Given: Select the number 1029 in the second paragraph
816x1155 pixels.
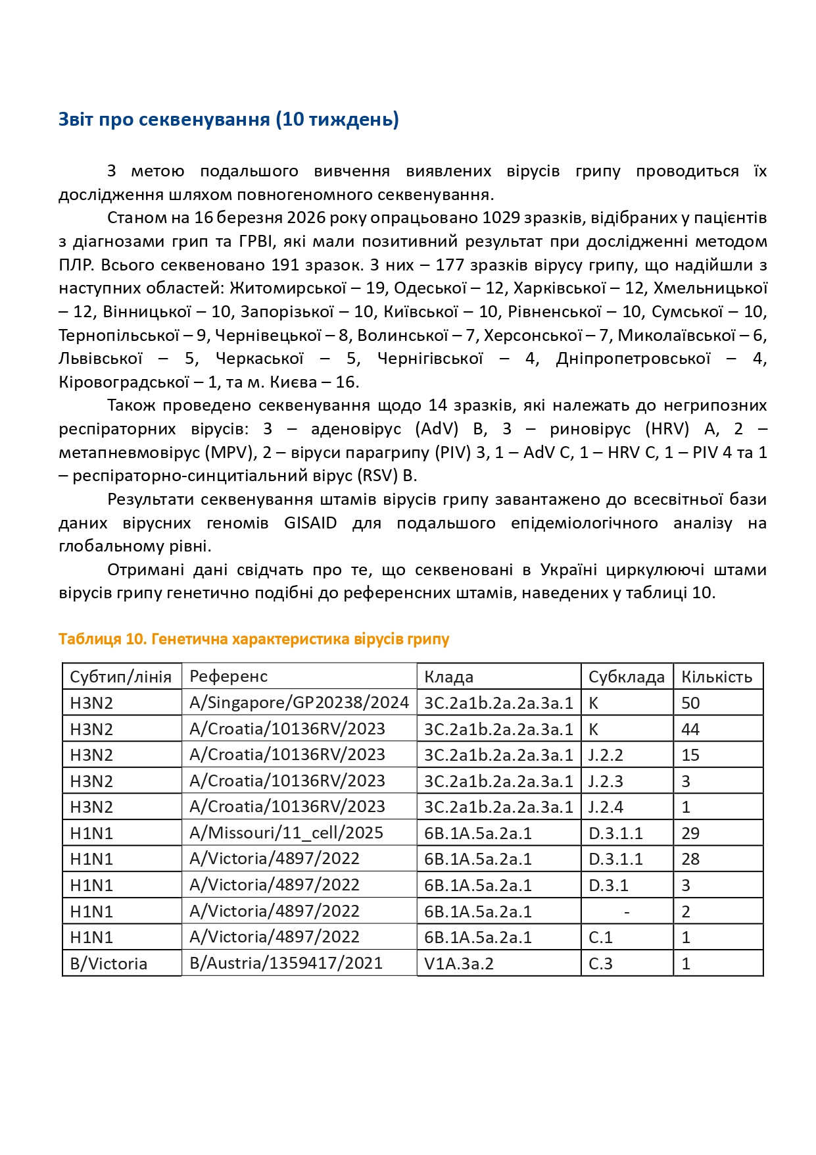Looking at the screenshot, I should coord(502,218).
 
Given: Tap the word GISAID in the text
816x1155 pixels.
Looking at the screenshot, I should coord(310,523).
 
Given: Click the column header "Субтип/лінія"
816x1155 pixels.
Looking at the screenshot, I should coord(121,677).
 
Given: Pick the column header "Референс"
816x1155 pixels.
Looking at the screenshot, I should coord(228,677).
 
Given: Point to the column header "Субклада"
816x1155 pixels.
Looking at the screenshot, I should coord(626,677).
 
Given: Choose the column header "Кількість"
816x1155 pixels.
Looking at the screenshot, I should coord(716,677).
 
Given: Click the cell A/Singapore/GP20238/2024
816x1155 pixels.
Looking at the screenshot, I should coord(299,703).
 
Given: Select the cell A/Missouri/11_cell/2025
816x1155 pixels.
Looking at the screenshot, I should coord(286,833).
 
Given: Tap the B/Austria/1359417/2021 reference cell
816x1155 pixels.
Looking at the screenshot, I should coord(286,963).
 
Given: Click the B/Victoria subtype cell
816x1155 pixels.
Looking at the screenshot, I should coord(108,964).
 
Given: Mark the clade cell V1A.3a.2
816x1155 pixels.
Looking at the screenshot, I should coord(459,964).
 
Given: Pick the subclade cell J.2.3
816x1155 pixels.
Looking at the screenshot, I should coord(606,781).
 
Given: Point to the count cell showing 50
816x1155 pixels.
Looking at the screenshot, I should coord(690,703).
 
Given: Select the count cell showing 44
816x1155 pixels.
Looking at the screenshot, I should coord(690,729).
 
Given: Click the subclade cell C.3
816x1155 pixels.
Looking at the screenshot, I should coord(600,964).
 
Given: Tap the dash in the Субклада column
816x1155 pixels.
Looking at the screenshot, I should coord(627,911).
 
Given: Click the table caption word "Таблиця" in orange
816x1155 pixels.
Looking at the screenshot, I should coord(89,639).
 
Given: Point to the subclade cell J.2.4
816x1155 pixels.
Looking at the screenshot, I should coord(606,807).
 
